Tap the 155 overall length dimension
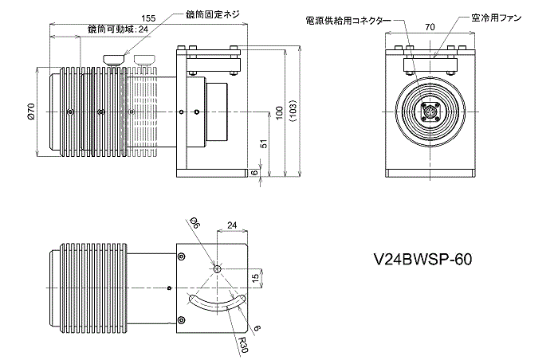click(147, 18)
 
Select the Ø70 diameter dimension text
click(31, 112)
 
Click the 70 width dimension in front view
click(430, 27)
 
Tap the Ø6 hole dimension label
click(195, 223)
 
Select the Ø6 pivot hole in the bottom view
click(215, 268)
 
